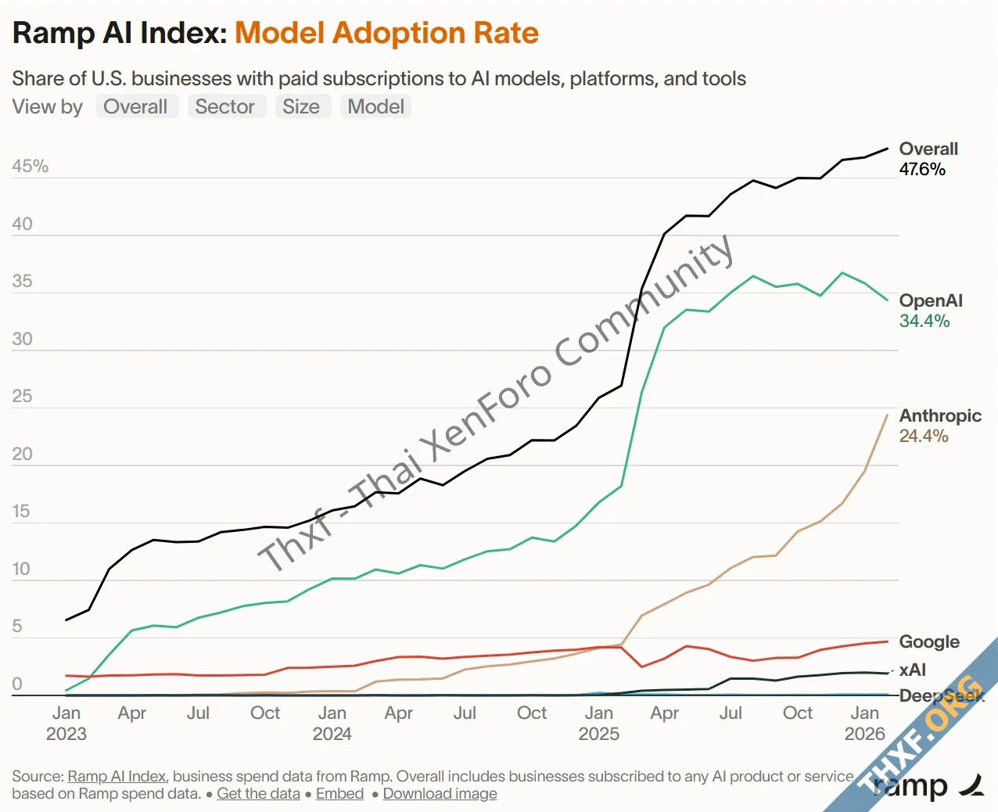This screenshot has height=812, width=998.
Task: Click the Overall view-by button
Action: point(135,106)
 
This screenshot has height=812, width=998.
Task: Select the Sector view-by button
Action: point(224,106)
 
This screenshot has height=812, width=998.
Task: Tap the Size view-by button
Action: point(301,106)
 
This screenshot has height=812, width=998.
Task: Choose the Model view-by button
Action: point(375,106)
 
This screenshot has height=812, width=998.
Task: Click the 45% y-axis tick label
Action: point(31,167)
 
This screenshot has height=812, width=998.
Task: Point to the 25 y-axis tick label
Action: point(23,397)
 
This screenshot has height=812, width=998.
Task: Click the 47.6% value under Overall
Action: point(922,170)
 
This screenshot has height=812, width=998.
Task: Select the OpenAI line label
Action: point(931,301)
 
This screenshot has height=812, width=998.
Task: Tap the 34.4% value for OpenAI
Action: point(924,322)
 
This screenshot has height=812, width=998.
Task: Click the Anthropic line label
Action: point(940,416)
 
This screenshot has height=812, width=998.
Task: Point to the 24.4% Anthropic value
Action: point(924,437)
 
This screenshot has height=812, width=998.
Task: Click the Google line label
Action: point(929,642)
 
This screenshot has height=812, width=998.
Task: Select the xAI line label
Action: point(913,670)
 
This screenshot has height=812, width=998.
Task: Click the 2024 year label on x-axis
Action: point(332,734)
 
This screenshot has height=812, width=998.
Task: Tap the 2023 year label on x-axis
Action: point(66,734)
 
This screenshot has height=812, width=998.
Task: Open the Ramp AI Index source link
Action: point(117,777)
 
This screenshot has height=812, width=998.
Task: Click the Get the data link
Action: point(258,794)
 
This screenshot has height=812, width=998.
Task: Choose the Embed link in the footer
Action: point(339,794)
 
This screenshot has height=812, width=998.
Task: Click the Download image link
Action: point(440,794)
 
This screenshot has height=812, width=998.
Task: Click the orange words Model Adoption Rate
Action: point(386,34)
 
